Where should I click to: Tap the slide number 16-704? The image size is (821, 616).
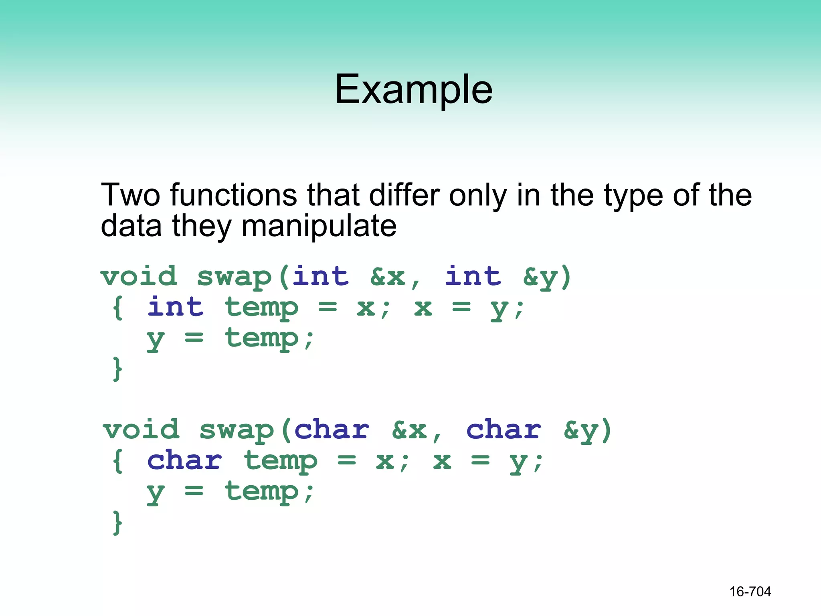(750, 592)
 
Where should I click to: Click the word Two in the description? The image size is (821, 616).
(130, 195)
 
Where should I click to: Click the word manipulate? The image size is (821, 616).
(319, 226)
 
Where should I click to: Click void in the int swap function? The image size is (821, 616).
(139, 276)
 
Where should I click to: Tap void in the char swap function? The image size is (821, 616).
(141, 430)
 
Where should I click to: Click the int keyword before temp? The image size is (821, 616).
(176, 308)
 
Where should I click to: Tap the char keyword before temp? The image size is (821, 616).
(184, 460)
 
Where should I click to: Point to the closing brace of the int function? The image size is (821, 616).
(117, 369)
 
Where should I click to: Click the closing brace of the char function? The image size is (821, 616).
(117, 522)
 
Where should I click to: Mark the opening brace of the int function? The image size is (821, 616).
(117, 308)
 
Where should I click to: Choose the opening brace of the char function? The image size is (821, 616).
(117, 461)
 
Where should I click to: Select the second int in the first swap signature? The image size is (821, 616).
(473, 276)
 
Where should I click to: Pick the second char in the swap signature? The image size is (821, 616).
(504, 430)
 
